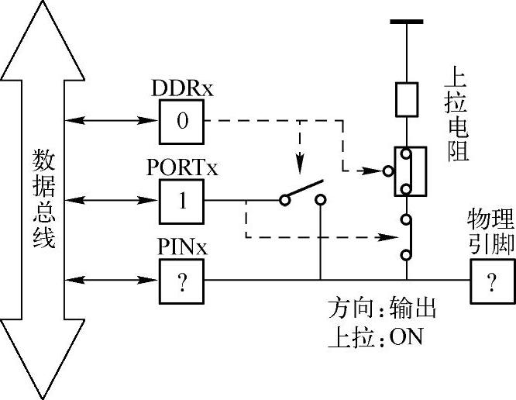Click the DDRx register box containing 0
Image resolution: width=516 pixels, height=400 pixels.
[x=183, y=122]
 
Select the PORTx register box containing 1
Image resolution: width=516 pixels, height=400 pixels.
[x=183, y=201]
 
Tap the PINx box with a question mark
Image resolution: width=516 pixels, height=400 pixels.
[x=183, y=280]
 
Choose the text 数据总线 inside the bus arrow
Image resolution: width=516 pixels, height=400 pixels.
[x=43, y=200]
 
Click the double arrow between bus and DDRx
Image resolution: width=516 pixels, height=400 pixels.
[x=112, y=120]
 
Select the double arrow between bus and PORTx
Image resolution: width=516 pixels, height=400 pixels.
[x=112, y=200]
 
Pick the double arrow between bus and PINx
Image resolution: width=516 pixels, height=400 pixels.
[x=112, y=279]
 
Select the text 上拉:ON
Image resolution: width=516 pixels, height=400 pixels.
[x=374, y=339]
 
